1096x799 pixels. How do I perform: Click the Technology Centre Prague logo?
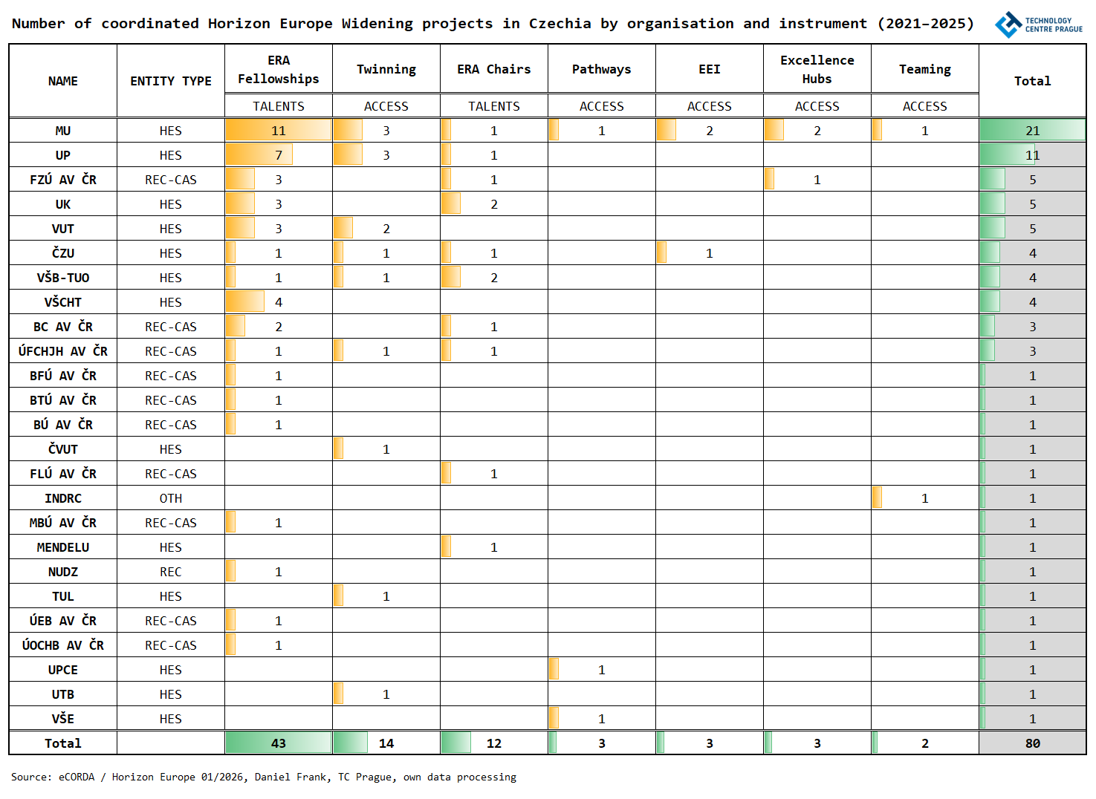(x=1038, y=25)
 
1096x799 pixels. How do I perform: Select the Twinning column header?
(x=386, y=69)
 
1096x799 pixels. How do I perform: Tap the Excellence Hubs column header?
(x=817, y=69)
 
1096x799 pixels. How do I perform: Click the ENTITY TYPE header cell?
(x=170, y=81)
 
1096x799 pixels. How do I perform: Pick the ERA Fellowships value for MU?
(x=279, y=131)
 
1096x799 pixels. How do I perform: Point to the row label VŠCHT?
(x=63, y=302)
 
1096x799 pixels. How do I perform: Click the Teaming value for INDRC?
(x=924, y=498)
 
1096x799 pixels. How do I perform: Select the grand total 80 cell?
(x=1032, y=743)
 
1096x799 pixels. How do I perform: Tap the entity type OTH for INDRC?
(x=170, y=498)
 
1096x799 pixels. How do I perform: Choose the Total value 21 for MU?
(x=1032, y=131)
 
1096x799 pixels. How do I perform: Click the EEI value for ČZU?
(x=709, y=253)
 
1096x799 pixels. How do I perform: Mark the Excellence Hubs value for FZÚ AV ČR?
(x=817, y=180)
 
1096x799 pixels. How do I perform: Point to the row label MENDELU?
(x=63, y=547)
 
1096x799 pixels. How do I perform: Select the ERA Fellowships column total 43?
(x=279, y=743)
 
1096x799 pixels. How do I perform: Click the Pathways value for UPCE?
(x=601, y=670)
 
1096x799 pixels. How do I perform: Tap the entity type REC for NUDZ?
(x=170, y=572)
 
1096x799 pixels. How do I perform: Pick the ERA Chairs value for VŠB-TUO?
(x=493, y=278)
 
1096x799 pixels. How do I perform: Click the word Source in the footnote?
(x=30, y=777)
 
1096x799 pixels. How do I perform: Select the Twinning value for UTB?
(x=386, y=694)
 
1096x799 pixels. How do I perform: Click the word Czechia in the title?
(x=560, y=24)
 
